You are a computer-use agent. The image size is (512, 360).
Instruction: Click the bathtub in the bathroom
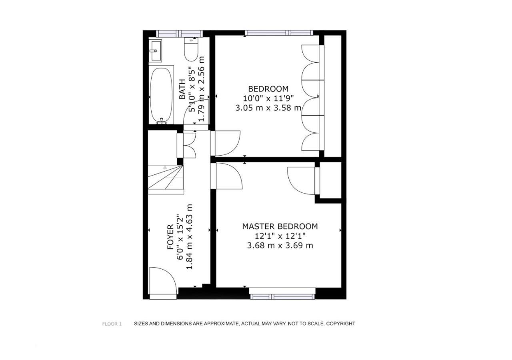tap(161, 95)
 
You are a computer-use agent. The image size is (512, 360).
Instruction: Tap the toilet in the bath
tap(191, 49)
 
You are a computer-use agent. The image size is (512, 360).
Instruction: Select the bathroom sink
tap(155, 50)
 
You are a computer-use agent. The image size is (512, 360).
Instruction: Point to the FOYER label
tap(170, 237)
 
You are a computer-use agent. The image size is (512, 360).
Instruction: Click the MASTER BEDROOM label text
tap(280, 226)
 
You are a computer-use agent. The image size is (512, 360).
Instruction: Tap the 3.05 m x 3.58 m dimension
tap(268, 108)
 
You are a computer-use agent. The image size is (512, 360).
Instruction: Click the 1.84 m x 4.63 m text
tap(190, 237)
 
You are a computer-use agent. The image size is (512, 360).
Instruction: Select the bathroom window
tap(180, 34)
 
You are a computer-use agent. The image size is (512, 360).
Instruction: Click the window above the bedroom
tap(279, 33)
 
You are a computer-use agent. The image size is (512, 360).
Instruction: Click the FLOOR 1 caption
tap(112, 324)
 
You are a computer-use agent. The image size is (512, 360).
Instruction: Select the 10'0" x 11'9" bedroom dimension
tap(268, 98)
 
